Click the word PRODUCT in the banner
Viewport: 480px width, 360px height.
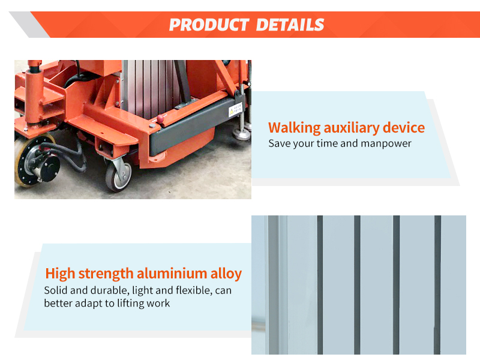pyautogui.click(x=208, y=25)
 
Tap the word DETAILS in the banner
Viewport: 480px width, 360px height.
pyautogui.click(x=290, y=25)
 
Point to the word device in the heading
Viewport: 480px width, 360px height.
pyautogui.click(x=404, y=128)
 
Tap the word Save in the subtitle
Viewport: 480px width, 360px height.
pyautogui.click(x=279, y=143)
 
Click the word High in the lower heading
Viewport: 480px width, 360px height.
pyautogui.click(x=60, y=274)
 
